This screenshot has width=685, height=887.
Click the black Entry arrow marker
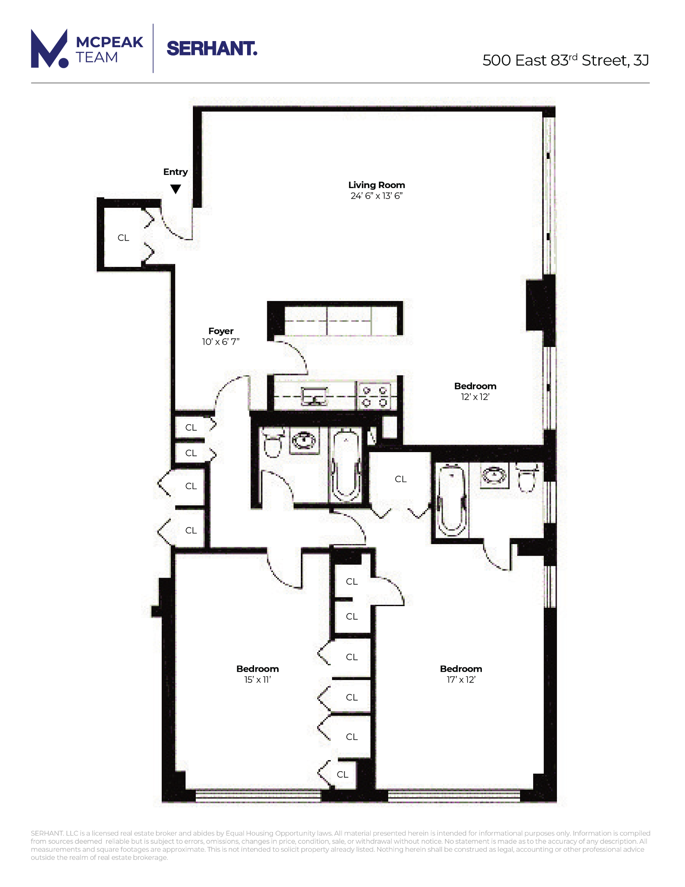(x=176, y=189)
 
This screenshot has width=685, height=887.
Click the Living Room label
(x=376, y=185)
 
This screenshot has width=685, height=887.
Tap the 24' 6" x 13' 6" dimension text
(x=376, y=196)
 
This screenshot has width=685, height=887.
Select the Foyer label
(x=221, y=331)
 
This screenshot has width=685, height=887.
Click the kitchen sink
(x=314, y=397)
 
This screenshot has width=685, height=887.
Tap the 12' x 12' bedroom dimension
(x=475, y=397)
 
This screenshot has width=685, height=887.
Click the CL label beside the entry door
(x=123, y=238)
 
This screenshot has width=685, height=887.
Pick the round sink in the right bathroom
(x=494, y=475)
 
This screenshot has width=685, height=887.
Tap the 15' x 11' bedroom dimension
(x=257, y=680)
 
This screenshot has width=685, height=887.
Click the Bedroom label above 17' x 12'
(x=461, y=669)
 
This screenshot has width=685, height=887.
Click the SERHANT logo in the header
(x=212, y=48)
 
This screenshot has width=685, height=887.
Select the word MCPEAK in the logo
(x=110, y=42)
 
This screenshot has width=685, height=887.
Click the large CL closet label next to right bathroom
(x=401, y=479)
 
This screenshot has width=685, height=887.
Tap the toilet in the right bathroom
(x=527, y=478)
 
